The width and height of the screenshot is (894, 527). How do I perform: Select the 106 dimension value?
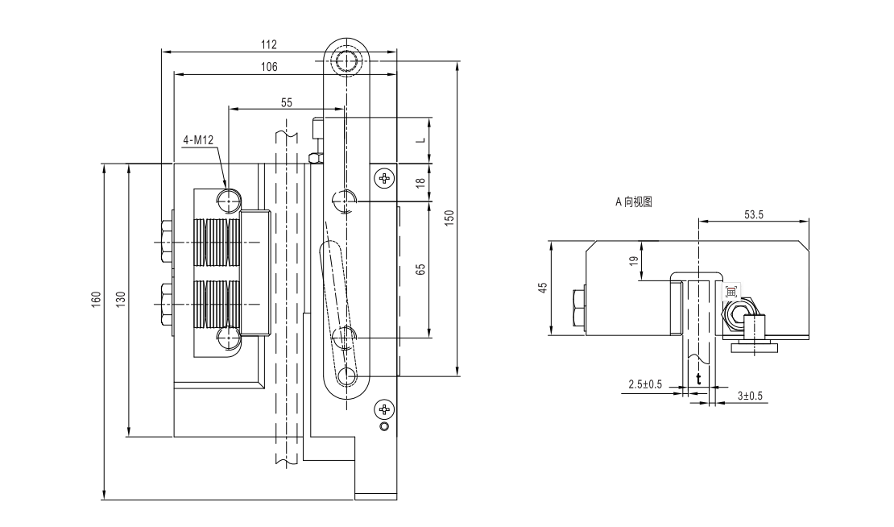coord(269,67)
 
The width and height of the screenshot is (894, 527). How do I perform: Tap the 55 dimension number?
coord(287,102)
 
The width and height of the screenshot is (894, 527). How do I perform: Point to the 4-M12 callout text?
coord(198,141)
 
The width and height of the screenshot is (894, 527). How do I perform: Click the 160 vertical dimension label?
coord(97,301)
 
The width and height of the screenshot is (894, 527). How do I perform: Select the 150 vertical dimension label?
coord(449,218)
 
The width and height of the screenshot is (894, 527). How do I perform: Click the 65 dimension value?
coord(420,268)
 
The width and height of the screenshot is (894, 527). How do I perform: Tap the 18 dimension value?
coord(420,184)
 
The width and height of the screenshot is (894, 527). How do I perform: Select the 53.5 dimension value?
coord(754,214)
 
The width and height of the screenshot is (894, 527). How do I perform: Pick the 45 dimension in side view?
coord(543,287)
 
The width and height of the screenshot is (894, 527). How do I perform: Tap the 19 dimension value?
coord(633,260)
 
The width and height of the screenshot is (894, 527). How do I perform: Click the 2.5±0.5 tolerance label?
coord(645,384)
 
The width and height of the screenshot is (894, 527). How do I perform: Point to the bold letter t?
coord(698,379)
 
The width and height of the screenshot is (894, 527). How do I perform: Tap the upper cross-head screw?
coord(385,177)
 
